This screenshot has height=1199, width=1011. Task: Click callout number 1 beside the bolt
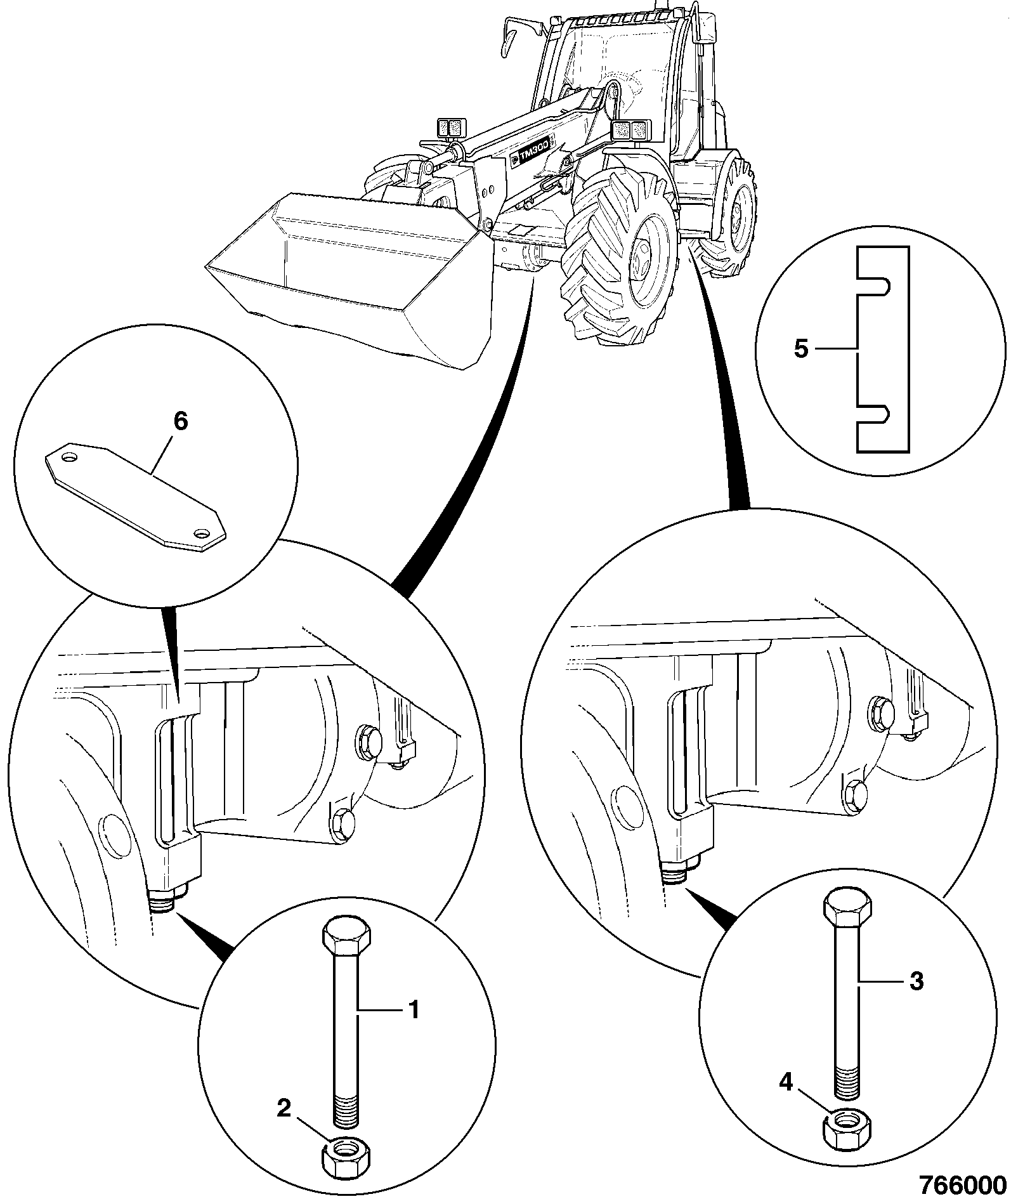(x=412, y=1009)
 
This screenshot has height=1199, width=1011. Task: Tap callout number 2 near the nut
(x=284, y=1108)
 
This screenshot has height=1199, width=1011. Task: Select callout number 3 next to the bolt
(x=916, y=981)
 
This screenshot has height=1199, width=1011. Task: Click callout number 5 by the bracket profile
(x=801, y=349)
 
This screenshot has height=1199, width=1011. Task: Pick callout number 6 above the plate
(x=181, y=421)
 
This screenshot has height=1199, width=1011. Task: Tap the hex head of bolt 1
(x=346, y=933)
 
